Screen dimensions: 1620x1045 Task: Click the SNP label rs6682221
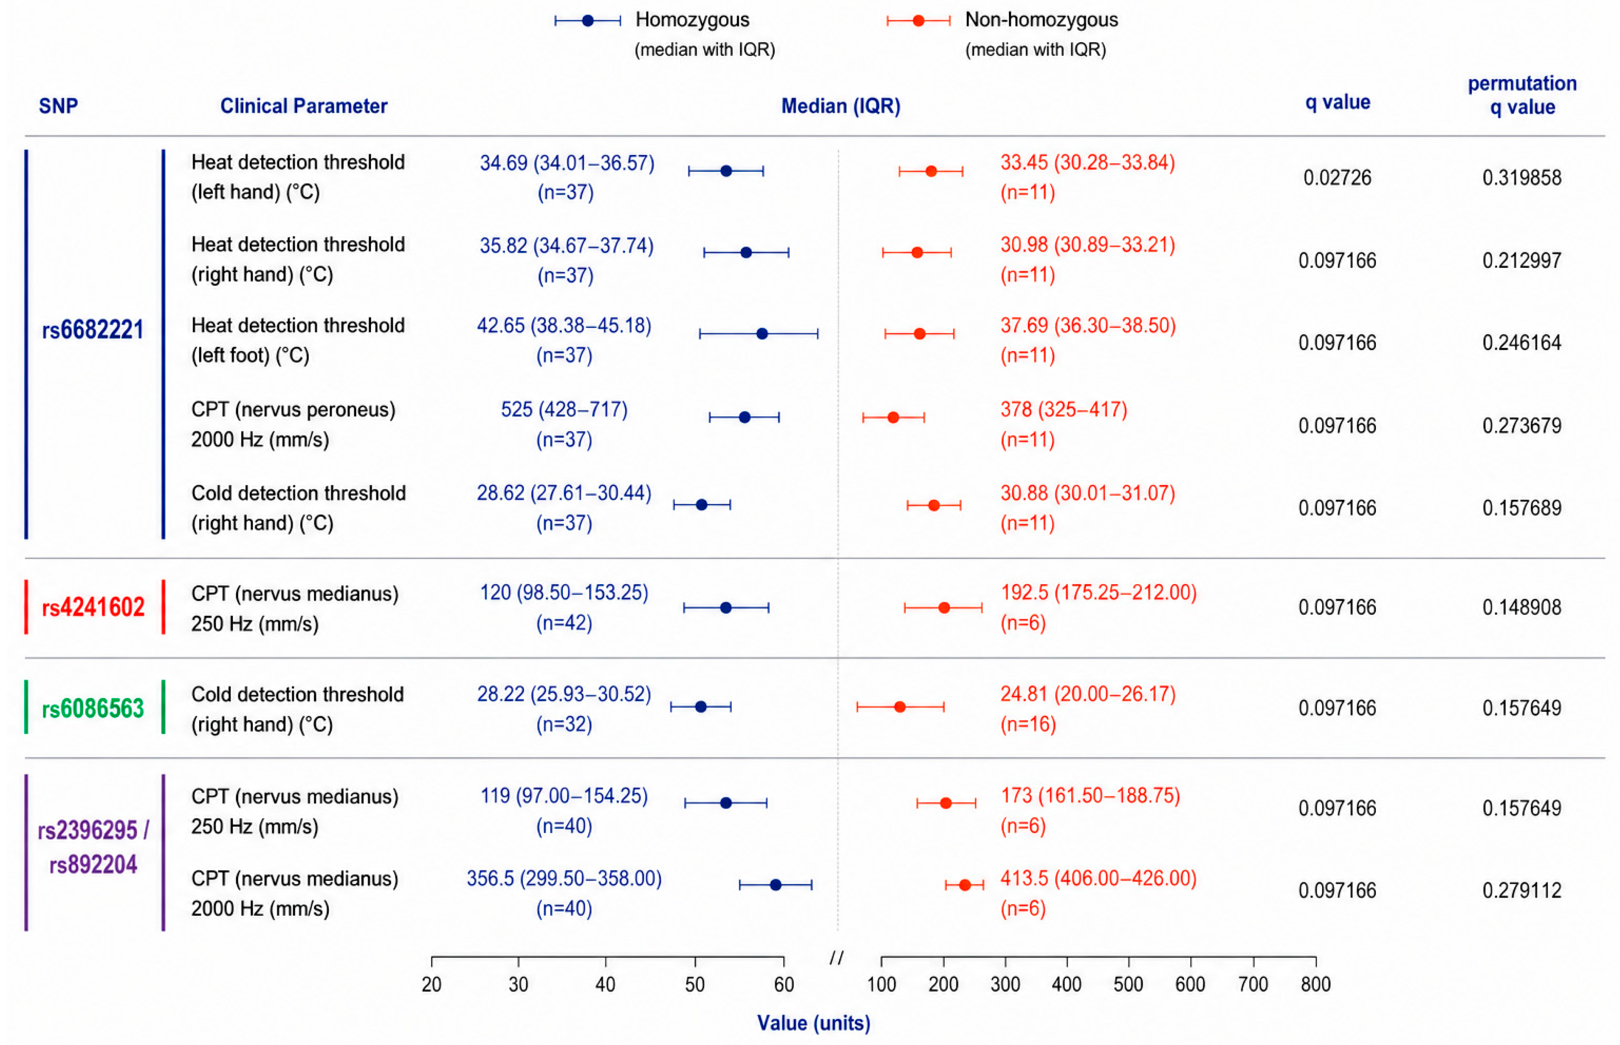pyautogui.click(x=93, y=330)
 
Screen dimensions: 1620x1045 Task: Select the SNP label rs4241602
pyautogui.click(x=93, y=607)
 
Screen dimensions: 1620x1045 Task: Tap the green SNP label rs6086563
pyautogui.click(x=93, y=709)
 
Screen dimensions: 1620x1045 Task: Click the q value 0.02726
pyautogui.click(x=1337, y=178)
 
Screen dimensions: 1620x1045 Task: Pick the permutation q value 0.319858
pyautogui.click(x=1522, y=178)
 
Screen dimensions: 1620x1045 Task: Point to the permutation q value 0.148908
pyautogui.click(x=1522, y=607)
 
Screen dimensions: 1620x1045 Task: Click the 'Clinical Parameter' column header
pyautogui.click(x=304, y=106)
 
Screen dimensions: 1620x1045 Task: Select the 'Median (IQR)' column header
pyautogui.click(x=841, y=106)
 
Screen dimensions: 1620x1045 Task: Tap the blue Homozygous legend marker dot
pyautogui.click(x=588, y=21)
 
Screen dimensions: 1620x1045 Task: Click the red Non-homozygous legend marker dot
pyautogui.click(x=918, y=21)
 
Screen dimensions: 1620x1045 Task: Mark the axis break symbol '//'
pyautogui.click(x=837, y=957)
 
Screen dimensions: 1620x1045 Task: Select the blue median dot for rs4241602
pyautogui.click(x=725, y=607)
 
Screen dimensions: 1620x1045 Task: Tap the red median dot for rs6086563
pyautogui.click(x=900, y=707)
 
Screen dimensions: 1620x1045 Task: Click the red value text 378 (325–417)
pyautogui.click(x=1064, y=410)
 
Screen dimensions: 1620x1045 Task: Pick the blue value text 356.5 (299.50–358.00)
pyautogui.click(x=564, y=879)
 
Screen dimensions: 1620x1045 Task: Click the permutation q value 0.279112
pyautogui.click(x=1522, y=890)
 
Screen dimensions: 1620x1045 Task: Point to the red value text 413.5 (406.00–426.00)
pyautogui.click(x=1098, y=879)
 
